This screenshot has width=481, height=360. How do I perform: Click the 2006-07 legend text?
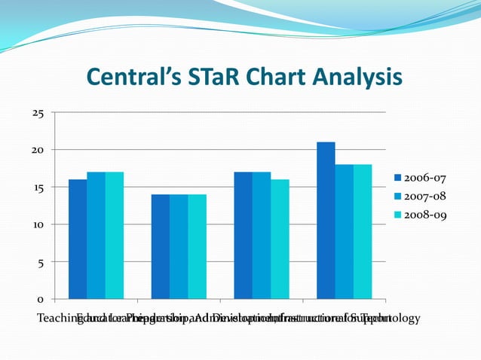coord(425,178)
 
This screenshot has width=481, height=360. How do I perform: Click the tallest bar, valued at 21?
coord(326,220)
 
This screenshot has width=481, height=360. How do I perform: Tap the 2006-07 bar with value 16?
coord(78,239)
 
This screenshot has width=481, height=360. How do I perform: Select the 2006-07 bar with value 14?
coord(160,246)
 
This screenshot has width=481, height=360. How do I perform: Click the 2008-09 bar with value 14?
coord(197,246)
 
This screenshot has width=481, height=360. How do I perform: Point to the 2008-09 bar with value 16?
coord(280,239)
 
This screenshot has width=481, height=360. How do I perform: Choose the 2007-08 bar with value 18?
coord(344,231)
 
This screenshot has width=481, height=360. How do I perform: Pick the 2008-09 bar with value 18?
coord(363,231)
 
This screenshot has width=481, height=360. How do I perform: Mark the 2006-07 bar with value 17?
coord(243,235)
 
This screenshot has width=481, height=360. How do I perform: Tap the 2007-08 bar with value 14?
coord(179,246)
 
